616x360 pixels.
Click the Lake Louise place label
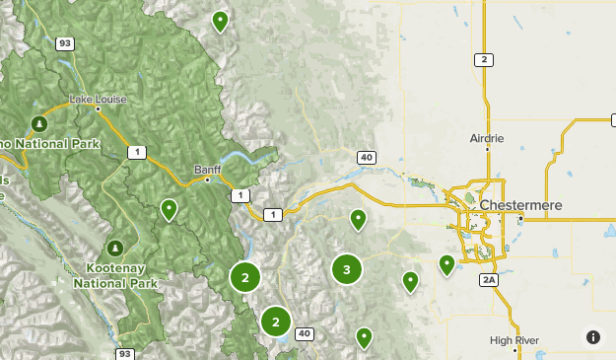98,100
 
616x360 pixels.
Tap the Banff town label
207,169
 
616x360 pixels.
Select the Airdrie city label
486,138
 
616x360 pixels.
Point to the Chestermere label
521,204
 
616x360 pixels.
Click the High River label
514,340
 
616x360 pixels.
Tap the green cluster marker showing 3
346,268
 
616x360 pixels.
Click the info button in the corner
593,337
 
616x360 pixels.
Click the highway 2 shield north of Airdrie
484,59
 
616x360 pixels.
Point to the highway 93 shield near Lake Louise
65,43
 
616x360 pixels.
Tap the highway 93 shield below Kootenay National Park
124,353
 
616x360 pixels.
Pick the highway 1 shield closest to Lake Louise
135,151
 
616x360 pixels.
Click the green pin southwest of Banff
170,209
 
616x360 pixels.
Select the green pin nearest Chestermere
446,263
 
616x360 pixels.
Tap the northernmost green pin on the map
221,20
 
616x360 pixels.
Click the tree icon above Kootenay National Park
116,246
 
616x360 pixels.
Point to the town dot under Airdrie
487,149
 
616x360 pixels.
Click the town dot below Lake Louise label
98,109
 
